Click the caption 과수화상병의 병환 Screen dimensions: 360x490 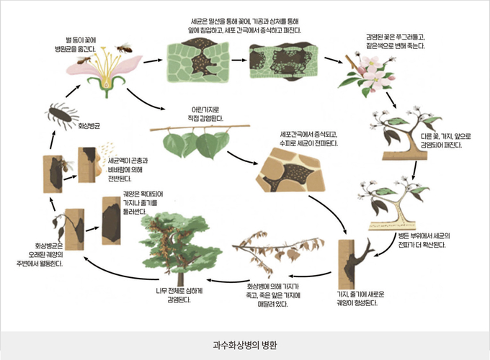click(x=245, y=344)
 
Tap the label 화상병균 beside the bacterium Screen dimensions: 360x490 click(x=89, y=125)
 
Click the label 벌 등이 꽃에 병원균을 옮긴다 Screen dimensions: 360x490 click(x=80, y=45)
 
